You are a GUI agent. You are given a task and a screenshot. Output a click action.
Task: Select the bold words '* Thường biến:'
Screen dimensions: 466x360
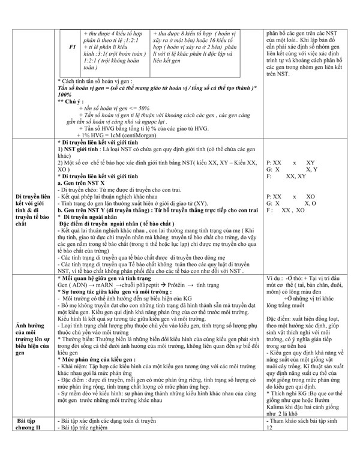(x=77, y=338)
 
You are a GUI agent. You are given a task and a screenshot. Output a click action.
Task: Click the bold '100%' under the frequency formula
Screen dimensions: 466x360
(x=65, y=95)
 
